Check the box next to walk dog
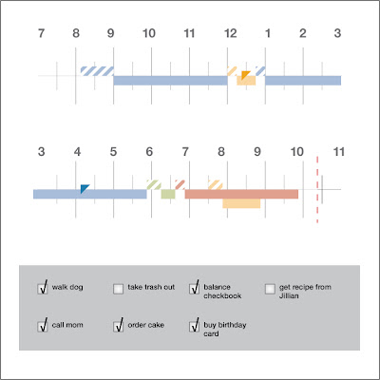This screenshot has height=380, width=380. [x=43, y=289]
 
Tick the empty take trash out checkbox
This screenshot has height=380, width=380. [x=118, y=289]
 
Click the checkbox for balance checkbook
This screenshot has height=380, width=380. [x=194, y=289]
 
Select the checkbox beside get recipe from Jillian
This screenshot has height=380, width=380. [x=270, y=289]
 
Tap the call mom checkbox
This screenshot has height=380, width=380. [x=43, y=326]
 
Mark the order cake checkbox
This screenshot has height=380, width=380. [x=118, y=326]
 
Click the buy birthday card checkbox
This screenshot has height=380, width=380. [x=194, y=326]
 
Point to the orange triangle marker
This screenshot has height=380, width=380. [x=244, y=74]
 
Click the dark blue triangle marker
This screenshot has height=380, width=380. [x=84, y=188]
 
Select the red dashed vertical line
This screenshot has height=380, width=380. [x=317, y=189]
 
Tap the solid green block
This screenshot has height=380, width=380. [x=168, y=194]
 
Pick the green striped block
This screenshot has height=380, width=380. [x=154, y=184]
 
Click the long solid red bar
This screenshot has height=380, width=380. [x=241, y=194]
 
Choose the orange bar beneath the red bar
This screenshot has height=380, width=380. [x=241, y=203]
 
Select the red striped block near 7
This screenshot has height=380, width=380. [x=180, y=184]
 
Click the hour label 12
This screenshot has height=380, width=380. [x=230, y=33]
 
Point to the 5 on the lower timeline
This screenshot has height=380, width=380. [x=113, y=152]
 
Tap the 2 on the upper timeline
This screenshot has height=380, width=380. [x=303, y=33]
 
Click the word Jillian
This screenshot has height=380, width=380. [x=289, y=296]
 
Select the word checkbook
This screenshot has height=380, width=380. [x=222, y=296]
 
